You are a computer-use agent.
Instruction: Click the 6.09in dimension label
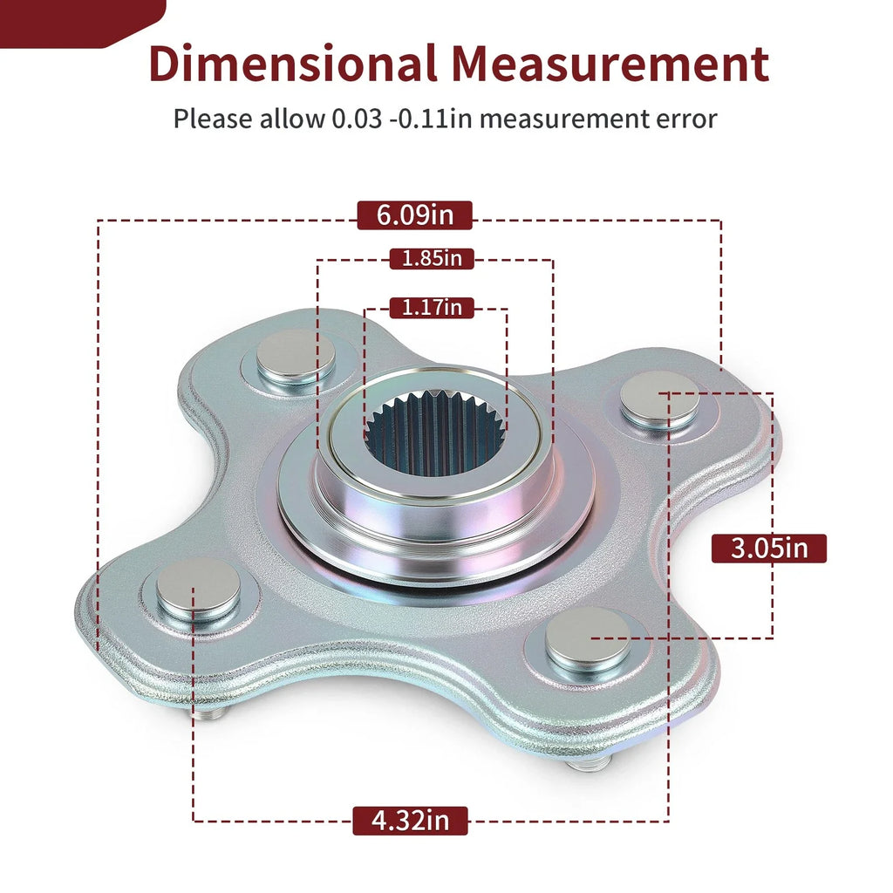414,215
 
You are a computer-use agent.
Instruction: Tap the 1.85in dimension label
432,258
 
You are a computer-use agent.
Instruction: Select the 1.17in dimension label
432,308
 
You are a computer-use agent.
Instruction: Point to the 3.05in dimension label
769,549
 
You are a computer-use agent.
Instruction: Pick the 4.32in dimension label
410,821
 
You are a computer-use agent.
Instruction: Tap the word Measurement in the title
610,63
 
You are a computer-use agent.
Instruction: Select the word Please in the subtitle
213,119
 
